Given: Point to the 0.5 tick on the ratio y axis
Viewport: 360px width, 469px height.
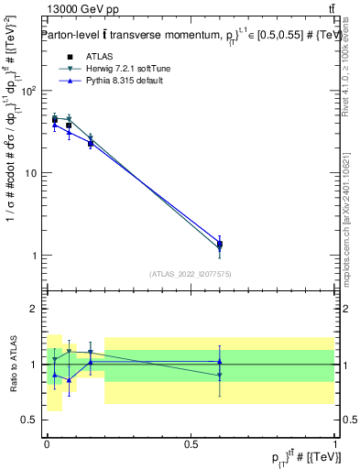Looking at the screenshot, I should click(30, 420).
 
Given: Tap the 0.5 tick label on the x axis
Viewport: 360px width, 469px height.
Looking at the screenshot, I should click(191, 442).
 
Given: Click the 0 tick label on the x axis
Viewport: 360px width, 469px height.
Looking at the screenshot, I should click(47, 442).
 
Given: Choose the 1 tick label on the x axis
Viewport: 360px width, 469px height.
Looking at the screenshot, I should click(335, 442).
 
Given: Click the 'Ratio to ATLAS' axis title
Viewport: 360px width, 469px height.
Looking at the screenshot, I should click(13, 365).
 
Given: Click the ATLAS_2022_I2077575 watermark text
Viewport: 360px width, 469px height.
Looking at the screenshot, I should click(191, 273).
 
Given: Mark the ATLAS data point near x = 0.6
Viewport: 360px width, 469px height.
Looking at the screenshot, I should click(220, 245).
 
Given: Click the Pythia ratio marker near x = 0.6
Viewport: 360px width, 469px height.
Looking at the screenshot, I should click(220, 362).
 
